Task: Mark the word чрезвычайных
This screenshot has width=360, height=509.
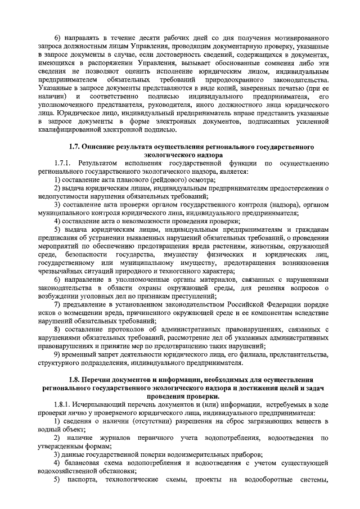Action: pos(62,270)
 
